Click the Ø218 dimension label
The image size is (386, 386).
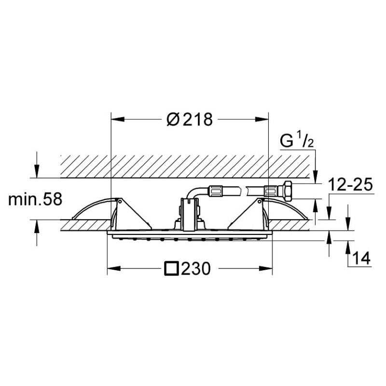(x=189, y=119)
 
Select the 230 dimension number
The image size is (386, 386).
(x=196, y=268)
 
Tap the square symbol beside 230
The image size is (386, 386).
(x=171, y=268)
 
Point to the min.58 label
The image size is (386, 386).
(x=35, y=199)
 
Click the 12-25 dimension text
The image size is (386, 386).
(x=351, y=185)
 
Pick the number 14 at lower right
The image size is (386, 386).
(x=361, y=258)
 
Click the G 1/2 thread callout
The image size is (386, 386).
(x=297, y=140)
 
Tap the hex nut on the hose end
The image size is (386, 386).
(x=288, y=190)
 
